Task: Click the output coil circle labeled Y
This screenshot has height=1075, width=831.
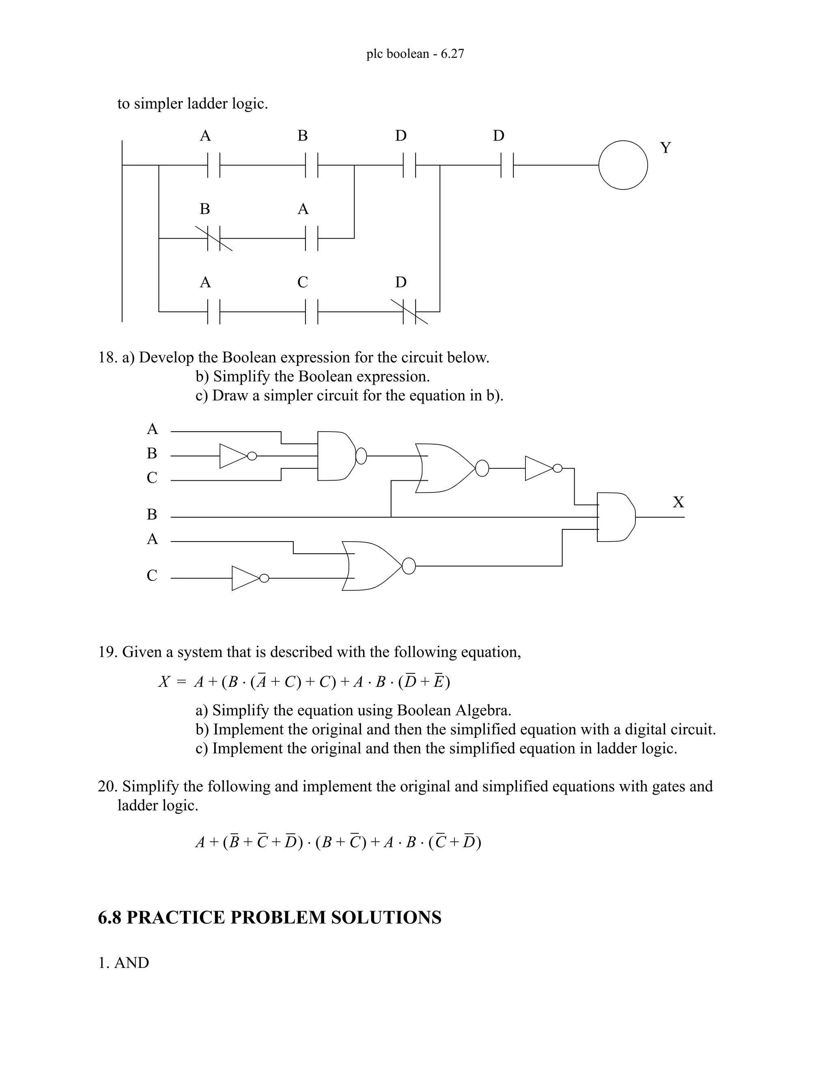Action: [623, 166]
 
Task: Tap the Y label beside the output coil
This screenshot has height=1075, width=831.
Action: [665, 148]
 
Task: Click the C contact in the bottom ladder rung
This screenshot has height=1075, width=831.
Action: [312, 312]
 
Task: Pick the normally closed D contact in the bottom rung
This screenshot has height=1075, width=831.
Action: [409, 312]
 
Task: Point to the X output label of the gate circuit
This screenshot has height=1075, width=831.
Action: [678, 502]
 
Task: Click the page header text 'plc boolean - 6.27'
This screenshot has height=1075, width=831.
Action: [415, 54]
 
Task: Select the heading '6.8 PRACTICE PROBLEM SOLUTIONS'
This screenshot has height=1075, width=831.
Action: [270, 918]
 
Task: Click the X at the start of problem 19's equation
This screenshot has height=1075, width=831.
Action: [164, 682]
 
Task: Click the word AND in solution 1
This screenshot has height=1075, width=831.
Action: [131, 963]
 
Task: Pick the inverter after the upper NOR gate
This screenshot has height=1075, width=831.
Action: [540, 468]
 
